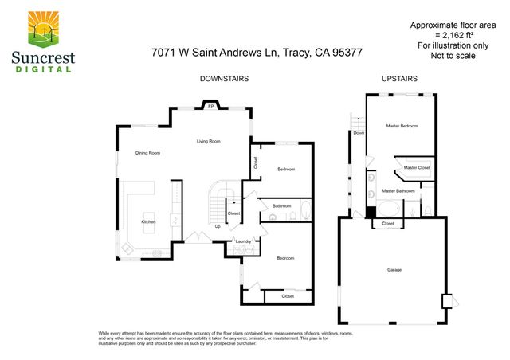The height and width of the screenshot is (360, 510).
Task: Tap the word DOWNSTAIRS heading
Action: pos(224,79)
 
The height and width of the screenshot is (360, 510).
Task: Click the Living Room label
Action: pos(209,141)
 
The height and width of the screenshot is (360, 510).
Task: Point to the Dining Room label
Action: pos(147,152)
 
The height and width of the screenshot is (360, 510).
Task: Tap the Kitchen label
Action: pos(148,221)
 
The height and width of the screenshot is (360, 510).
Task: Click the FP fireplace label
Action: pos(210,106)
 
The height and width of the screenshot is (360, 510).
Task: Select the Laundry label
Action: pos(243,241)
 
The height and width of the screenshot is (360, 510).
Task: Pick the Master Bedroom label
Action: pos(402,126)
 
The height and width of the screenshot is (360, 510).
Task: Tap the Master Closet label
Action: pos(417,168)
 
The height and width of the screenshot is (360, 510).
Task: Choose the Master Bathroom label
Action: pos(398,191)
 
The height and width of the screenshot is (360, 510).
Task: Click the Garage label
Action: pos(394,270)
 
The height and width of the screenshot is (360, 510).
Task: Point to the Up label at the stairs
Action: pos(218,226)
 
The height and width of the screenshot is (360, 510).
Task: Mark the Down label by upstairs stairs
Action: pos(359,133)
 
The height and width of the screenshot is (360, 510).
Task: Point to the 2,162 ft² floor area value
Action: pos(452,35)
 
